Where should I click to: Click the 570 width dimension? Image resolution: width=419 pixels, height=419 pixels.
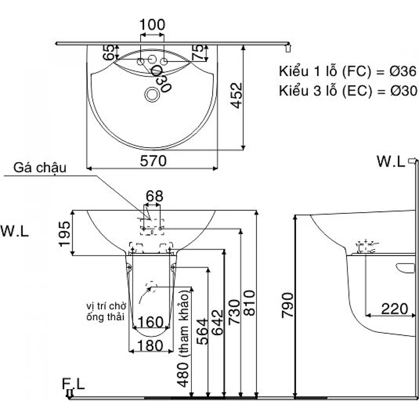(153, 161)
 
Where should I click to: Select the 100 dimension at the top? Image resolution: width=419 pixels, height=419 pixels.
(152, 25)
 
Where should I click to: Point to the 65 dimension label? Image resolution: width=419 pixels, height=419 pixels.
(109, 53)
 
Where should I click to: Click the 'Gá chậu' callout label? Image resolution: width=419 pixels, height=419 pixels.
(40, 168)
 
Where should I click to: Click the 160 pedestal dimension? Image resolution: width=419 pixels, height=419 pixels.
(151, 322)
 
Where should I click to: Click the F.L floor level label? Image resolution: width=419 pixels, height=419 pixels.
(73, 384)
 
